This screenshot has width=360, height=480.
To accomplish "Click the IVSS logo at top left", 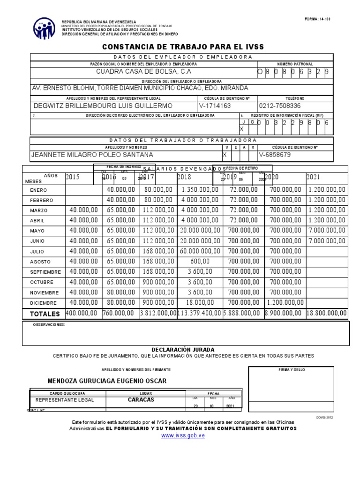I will [44, 29].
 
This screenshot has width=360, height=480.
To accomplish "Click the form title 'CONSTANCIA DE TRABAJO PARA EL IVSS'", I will [183, 47].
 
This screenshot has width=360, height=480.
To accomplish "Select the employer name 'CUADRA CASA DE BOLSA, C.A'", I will [143, 72].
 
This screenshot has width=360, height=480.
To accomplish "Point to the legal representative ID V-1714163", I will [215, 106].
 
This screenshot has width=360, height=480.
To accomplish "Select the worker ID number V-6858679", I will [274, 154].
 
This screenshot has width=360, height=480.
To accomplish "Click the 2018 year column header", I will [184, 177].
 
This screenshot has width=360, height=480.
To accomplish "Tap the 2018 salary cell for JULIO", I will [199, 251].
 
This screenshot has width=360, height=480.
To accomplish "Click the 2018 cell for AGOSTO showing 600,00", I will [199, 262].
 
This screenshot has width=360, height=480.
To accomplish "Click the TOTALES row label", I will [45, 314].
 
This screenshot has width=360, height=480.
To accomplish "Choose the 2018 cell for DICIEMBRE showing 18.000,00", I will [199, 302].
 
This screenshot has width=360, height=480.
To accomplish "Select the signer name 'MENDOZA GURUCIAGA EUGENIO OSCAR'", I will [107, 381].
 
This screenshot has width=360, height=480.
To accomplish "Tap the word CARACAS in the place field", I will [141, 400].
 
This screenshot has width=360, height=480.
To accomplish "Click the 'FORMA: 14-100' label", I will [317, 19].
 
